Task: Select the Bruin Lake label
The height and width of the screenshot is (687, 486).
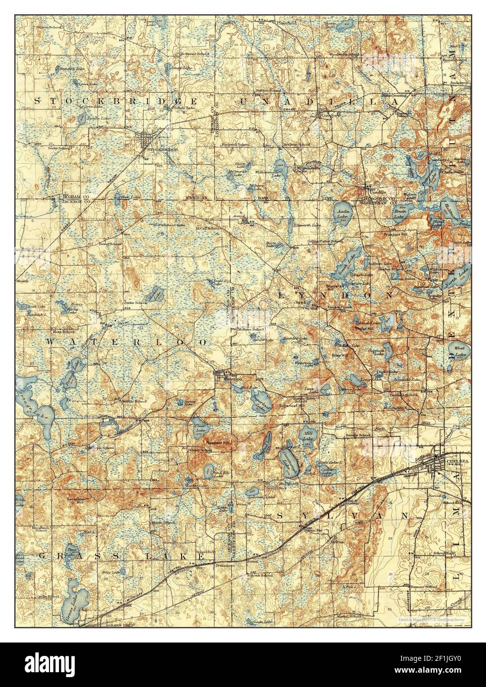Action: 400,212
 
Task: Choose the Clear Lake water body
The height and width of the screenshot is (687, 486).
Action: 201,428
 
